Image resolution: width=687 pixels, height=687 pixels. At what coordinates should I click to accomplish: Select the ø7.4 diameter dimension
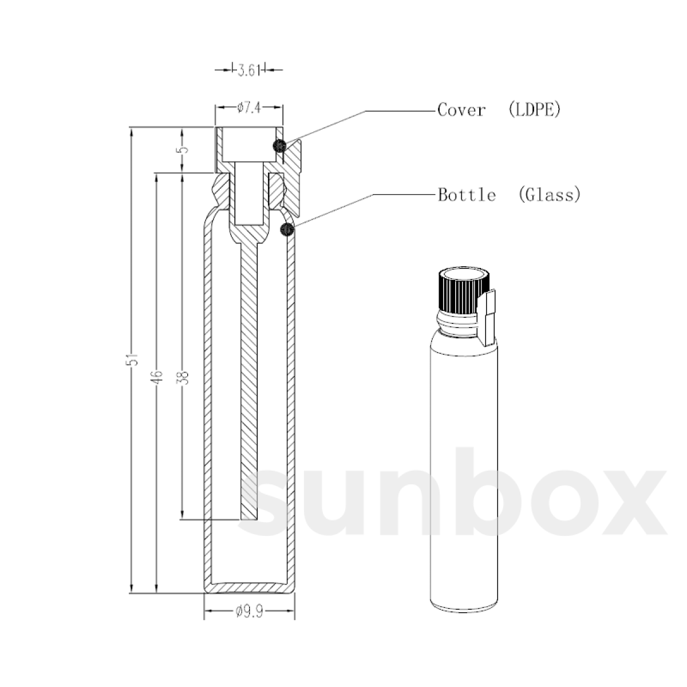point(249,108)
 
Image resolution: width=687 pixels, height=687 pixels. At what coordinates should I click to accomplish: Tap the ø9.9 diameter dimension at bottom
point(249,613)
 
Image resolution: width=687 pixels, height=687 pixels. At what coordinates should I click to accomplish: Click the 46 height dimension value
point(158,376)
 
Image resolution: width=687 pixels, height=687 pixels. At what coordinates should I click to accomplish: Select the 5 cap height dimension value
point(183,149)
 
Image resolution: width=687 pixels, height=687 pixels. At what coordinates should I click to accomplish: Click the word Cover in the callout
point(461,109)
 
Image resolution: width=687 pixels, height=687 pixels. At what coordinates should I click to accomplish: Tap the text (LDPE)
point(534,109)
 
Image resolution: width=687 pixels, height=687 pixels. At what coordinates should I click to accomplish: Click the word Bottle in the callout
point(467,195)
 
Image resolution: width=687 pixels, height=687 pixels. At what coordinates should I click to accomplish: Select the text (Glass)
point(550,195)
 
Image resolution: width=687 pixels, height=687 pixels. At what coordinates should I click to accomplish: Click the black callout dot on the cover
point(279,145)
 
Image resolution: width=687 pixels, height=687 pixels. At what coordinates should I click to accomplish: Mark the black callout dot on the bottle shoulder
point(286,230)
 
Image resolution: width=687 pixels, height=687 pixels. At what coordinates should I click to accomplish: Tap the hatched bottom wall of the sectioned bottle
point(249,587)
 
